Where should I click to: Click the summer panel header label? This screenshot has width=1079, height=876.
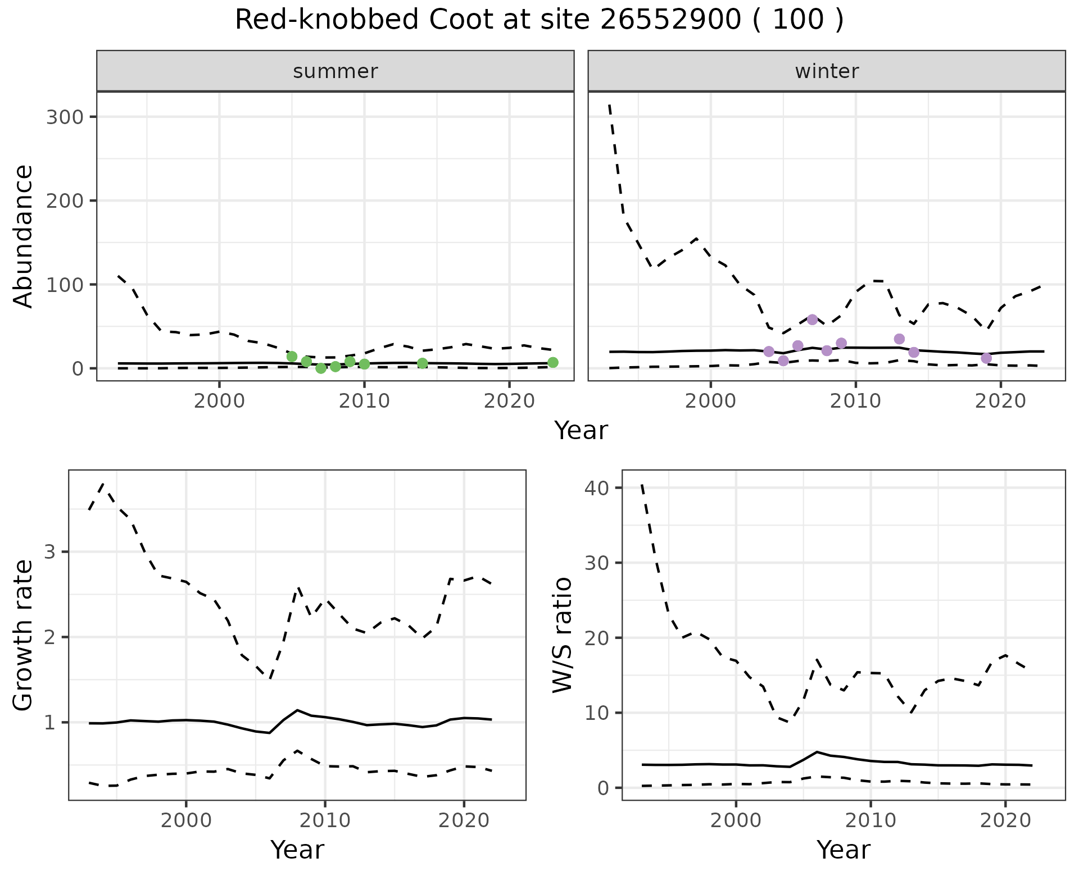[336, 71]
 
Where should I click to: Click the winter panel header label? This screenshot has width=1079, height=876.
[827, 71]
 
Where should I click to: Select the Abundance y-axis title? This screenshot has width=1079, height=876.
[24, 236]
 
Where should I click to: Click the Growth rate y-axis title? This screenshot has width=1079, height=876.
[24, 635]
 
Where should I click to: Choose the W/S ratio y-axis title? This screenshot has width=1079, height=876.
[563, 635]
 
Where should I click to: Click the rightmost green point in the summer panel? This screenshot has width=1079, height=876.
[553, 362]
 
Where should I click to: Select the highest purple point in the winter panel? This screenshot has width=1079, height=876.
[812, 320]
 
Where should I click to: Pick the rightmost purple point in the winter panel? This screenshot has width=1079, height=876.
[986, 358]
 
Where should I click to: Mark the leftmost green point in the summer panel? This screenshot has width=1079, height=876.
[292, 357]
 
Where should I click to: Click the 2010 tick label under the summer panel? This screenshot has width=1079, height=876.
[364, 401]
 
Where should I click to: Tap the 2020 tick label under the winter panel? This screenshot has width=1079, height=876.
[1000, 401]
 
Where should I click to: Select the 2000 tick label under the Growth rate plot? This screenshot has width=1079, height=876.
[186, 820]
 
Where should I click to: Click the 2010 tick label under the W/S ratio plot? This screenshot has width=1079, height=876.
[871, 820]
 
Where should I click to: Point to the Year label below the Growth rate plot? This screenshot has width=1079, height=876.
[297, 850]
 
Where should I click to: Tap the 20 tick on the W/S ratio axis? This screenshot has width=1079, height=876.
[596, 638]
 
